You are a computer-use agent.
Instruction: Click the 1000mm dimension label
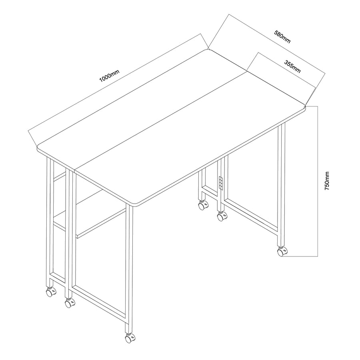click(x=109, y=76)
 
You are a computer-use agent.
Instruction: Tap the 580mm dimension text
click(x=282, y=37)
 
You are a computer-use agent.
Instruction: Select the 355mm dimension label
click(x=292, y=66)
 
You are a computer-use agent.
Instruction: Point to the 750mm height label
click(x=327, y=181)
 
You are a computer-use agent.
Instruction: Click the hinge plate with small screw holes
click(x=221, y=183)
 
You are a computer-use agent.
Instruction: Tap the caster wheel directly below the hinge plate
click(x=222, y=216)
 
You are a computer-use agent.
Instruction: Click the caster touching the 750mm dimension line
click(x=282, y=252)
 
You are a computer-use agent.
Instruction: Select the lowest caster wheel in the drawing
click(x=130, y=338)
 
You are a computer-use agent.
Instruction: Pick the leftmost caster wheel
click(x=51, y=292)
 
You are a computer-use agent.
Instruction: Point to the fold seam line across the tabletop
click(x=161, y=121)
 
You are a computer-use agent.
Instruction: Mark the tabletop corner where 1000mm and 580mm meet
click(x=208, y=50)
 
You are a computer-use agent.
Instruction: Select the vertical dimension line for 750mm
click(x=318, y=181)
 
